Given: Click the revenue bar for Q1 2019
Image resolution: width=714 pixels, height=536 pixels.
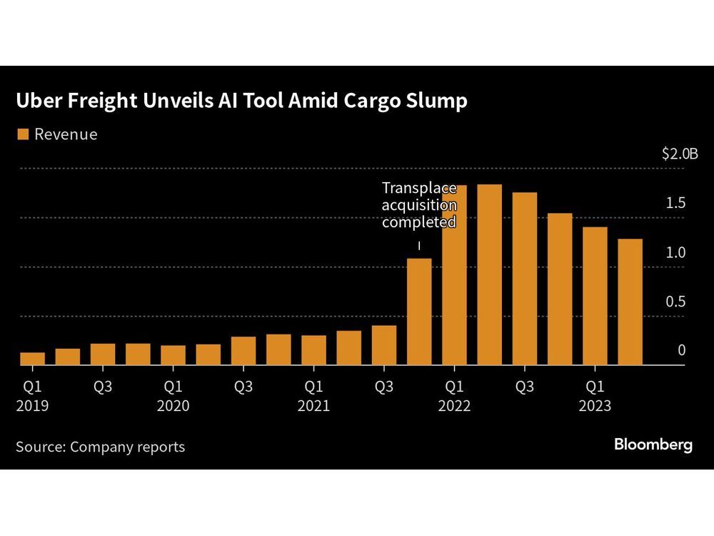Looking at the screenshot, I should click(x=32, y=358).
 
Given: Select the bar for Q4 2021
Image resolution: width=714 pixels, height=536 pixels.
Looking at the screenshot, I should click(x=419, y=312).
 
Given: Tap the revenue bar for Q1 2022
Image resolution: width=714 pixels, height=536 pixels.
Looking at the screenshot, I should click(x=454, y=275).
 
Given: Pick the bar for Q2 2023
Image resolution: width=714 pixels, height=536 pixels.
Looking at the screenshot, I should click(x=630, y=302).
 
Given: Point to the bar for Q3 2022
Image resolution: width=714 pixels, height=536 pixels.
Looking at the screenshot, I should click(x=524, y=279).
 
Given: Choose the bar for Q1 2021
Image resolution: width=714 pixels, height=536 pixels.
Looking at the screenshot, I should click(x=313, y=350).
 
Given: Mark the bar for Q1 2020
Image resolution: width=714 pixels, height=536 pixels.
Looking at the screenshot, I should click(x=173, y=355).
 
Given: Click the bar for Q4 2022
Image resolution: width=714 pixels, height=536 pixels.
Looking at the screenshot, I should click(x=560, y=289).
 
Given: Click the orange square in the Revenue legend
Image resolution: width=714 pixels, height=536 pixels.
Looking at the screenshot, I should click(x=22, y=134).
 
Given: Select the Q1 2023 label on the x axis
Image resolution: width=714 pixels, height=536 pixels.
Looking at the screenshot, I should click(x=594, y=396).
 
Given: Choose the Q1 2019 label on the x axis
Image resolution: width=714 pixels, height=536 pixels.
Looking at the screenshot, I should click(x=32, y=396).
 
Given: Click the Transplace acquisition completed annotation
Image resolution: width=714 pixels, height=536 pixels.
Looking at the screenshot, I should click(x=418, y=205).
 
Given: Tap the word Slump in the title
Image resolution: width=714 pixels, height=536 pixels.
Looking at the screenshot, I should click(x=435, y=101).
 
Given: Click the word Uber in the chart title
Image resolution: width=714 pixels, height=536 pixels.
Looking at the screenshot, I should click(x=38, y=101).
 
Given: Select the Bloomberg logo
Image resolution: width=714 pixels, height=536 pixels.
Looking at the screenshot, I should click(x=653, y=445).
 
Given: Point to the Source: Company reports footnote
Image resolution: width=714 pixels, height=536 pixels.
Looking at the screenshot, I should click(x=100, y=447).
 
